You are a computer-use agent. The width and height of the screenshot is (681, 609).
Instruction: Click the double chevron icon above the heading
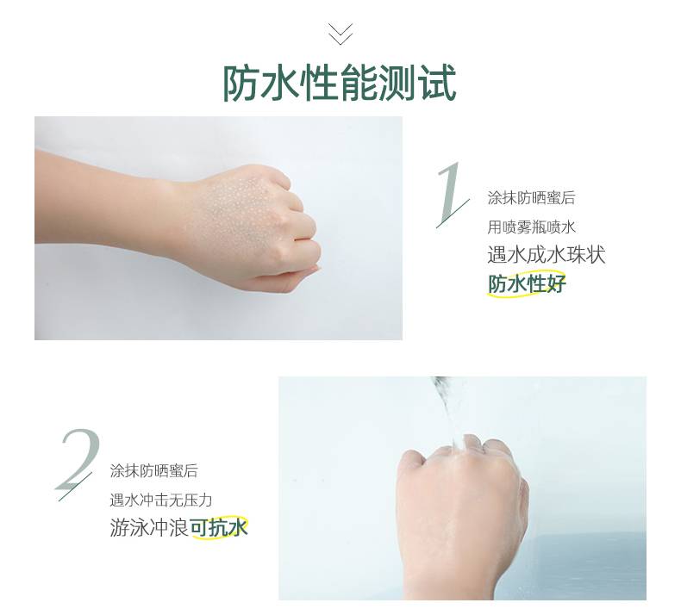pyautogui.click(x=340, y=34)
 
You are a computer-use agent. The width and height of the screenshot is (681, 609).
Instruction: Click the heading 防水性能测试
pyautogui.click(x=340, y=84)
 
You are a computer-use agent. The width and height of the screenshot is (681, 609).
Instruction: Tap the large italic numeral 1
pyautogui.click(x=452, y=195)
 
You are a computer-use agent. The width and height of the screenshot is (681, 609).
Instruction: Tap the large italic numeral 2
pyautogui.click(x=78, y=463)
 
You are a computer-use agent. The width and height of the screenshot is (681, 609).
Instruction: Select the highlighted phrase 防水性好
pyautogui.click(x=527, y=284)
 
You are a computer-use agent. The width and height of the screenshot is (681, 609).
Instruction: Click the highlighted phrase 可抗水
pyautogui.click(x=219, y=527)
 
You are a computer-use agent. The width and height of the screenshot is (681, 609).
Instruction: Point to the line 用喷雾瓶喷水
pyautogui.click(x=531, y=227)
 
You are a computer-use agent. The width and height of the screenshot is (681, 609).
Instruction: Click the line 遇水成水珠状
pyautogui.click(x=547, y=254)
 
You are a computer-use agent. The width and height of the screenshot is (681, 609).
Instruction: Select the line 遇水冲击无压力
pyautogui.click(x=160, y=500)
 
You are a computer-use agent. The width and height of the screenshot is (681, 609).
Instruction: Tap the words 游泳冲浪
pyautogui.click(x=149, y=528)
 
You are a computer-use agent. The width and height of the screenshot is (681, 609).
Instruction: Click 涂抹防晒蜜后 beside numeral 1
pyautogui.click(x=531, y=198)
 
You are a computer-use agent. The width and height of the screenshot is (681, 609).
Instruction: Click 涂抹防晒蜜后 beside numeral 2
pyautogui.click(x=153, y=471)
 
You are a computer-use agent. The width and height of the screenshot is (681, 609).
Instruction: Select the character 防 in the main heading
pyautogui.click(x=241, y=84)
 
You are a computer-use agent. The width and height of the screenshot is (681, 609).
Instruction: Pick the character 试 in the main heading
pyautogui.click(x=438, y=84)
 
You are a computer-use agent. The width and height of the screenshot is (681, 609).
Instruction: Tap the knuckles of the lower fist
pyautogui.click(x=460, y=447)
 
